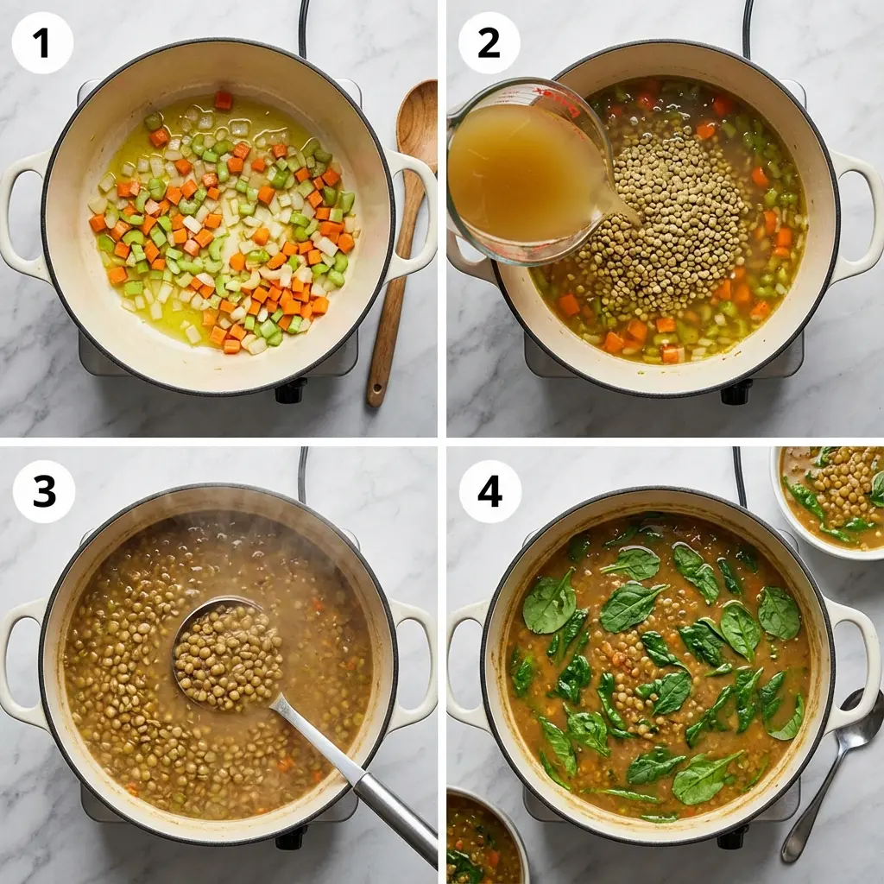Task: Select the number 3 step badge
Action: (x=43, y=491)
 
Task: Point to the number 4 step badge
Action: (x=489, y=491)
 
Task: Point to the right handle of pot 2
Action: (x=858, y=216)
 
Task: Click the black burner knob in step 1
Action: (x=290, y=391)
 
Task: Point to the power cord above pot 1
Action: (x=304, y=26)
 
